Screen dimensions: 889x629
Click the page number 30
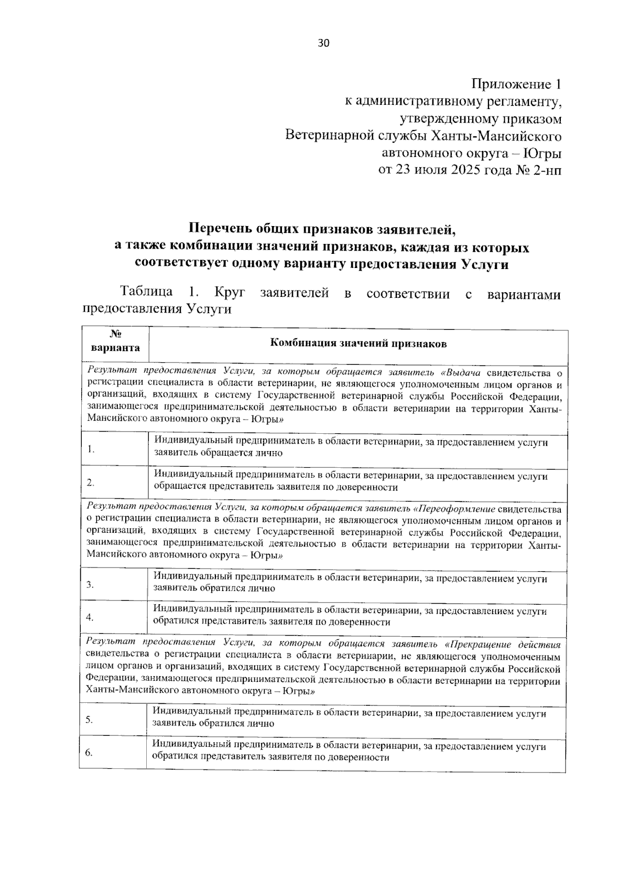[x=323, y=44]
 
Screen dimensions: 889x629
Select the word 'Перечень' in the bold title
[x=220, y=229]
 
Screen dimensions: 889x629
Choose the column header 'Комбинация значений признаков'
[x=358, y=344]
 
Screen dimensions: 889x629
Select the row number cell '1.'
[x=91, y=449]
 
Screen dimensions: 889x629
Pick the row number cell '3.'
[x=90, y=584]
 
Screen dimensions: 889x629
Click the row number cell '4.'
[x=90, y=617]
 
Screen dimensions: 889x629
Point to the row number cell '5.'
[x=90, y=720]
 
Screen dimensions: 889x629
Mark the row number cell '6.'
[x=90, y=753]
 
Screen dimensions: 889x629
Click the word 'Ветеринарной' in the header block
[x=329, y=136]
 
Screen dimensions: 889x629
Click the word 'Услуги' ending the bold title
[x=485, y=264]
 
